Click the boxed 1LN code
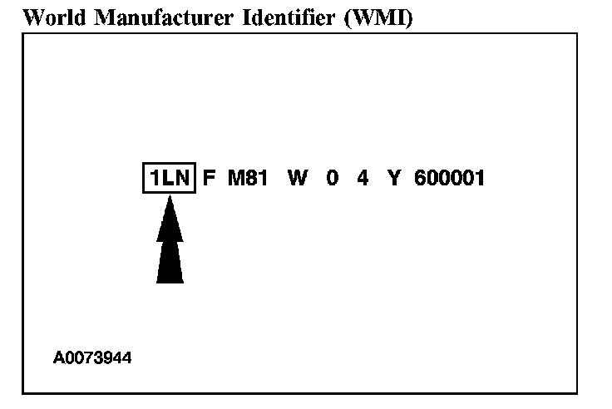(x=168, y=178)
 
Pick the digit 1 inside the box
(x=153, y=178)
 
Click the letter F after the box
(x=210, y=178)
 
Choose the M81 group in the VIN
(x=247, y=178)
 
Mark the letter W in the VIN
(x=297, y=178)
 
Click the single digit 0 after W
(x=333, y=178)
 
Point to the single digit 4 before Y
(x=363, y=178)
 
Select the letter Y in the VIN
(x=393, y=178)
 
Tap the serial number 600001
(x=449, y=178)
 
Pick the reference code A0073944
(x=92, y=358)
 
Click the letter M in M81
(x=235, y=178)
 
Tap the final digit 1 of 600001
(x=480, y=178)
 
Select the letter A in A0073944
(x=58, y=358)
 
